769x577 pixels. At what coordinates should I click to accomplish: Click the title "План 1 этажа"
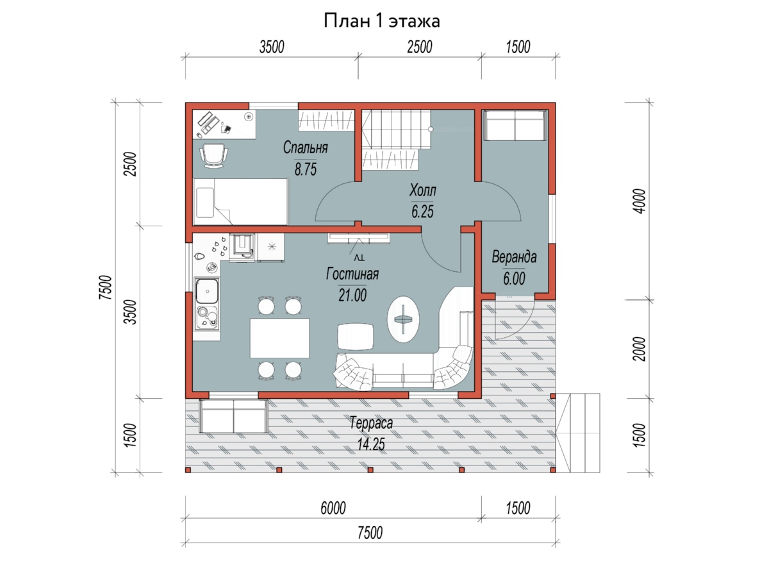click(x=381, y=21)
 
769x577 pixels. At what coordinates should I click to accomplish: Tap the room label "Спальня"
click(x=306, y=147)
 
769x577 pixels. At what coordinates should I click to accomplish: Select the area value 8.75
click(x=306, y=169)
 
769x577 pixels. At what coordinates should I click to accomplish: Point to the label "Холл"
click(x=423, y=190)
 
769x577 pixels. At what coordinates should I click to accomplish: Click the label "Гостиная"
click(x=352, y=274)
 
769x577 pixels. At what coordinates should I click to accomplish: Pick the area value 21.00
click(x=352, y=295)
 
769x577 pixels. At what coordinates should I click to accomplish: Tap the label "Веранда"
click(x=514, y=257)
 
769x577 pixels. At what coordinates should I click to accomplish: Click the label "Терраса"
click(x=371, y=423)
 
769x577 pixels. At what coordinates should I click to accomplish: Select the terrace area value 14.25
click(x=371, y=444)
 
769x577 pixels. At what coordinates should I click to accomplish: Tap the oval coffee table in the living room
click(x=403, y=319)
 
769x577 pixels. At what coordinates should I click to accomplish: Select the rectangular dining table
click(x=279, y=338)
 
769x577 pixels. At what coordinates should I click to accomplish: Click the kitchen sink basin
click(x=207, y=291)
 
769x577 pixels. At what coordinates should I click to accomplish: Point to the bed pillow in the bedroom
click(x=205, y=203)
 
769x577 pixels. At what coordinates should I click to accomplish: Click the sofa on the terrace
click(x=233, y=416)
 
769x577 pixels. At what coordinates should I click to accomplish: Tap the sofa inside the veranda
click(x=515, y=125)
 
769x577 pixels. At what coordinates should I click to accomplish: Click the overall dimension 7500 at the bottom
click(x=370, y=533)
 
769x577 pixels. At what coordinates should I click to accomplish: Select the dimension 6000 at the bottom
click(x=333, y=508)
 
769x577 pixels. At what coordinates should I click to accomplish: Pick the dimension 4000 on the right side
click(x=640, y=201)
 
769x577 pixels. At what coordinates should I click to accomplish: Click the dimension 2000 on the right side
click(x=640, y=349)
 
